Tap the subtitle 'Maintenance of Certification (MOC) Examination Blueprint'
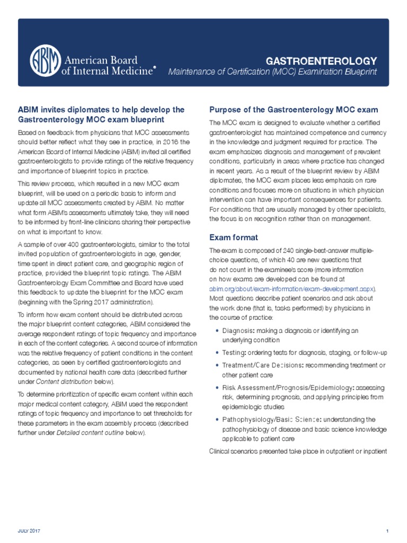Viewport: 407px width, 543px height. (x=272, y=72)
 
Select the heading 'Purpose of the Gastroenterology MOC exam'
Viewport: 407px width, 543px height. (x=294, y=110)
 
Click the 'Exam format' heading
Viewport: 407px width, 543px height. (x=234, y=237)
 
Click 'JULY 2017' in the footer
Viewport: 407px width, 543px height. (x=30, y=531)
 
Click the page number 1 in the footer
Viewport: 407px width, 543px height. (x=387, y=531)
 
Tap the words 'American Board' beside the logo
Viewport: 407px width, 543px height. (x=100, y=60)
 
